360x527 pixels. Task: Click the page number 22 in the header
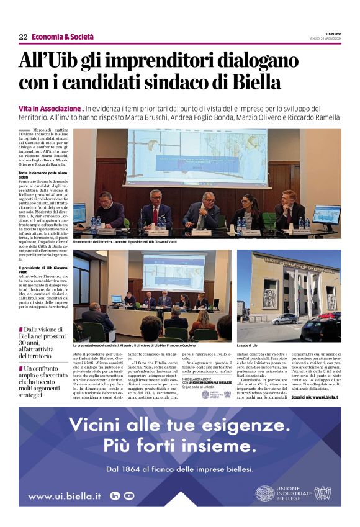(23, 37)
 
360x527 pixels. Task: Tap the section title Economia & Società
(58, 37)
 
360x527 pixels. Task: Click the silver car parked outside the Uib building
(284, 319)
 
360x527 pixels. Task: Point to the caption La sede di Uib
(246, 345)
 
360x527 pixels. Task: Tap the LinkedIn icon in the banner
(115, 495)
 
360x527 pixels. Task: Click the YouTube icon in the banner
(128, 495)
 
